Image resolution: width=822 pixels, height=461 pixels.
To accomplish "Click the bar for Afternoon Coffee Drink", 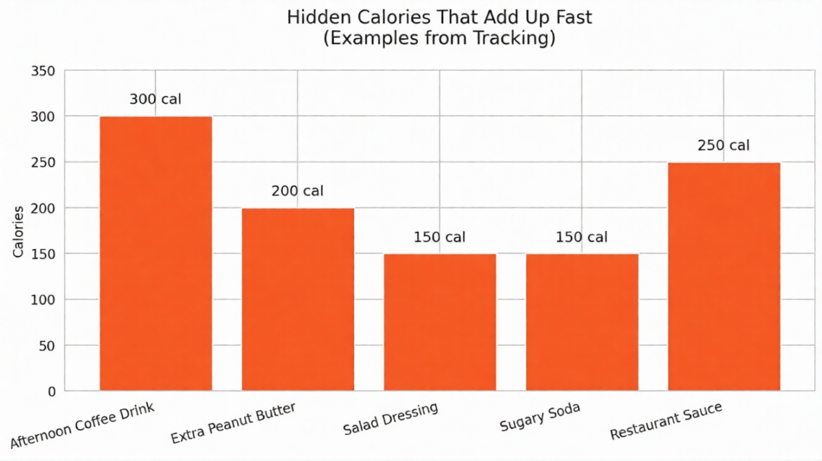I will click(155, 254).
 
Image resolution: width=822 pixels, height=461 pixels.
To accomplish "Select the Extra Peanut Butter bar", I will click(298, 299).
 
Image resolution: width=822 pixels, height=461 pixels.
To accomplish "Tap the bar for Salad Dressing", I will click(440, 322).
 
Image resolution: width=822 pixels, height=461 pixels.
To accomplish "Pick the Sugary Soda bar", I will click(582, 322).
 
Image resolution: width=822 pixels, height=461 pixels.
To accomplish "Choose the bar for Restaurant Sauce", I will click(724, 276).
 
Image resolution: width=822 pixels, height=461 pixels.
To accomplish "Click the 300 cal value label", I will click(155, 99).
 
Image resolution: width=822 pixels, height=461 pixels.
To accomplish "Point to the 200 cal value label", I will click(297, 191).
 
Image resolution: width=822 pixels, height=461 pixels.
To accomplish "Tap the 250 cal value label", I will click(723, 145).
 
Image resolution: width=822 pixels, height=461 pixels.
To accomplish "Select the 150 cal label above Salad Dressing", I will click(439, 237).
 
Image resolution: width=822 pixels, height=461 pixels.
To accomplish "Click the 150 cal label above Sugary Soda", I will click(581, 237).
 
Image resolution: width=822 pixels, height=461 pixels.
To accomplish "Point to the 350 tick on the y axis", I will click(44, 71).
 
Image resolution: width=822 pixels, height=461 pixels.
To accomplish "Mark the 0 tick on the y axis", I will click(51, 392).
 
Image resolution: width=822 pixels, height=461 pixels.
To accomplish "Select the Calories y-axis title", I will click(18, 231).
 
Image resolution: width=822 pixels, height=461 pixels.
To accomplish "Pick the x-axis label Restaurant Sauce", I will click(665, 422).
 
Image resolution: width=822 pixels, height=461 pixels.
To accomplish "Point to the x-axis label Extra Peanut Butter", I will click(233, 423).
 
